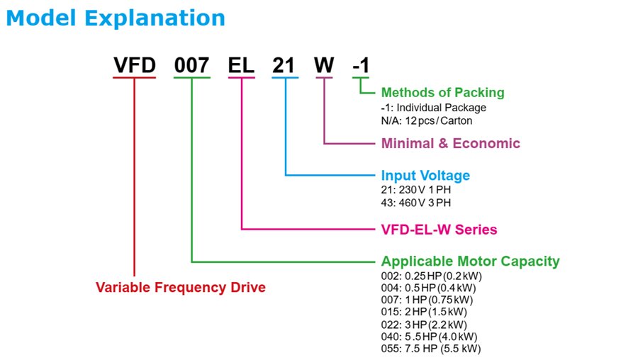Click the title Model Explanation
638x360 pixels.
(116, 18)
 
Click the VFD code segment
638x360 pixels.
(134, 65)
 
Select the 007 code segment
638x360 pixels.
(192, 65)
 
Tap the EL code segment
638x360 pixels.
(242, 65)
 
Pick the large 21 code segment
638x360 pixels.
(286, 65)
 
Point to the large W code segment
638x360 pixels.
(324, 65)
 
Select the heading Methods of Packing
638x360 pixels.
(442, 92)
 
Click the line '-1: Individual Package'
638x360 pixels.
(433, 107)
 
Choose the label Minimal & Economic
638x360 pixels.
(450, 143)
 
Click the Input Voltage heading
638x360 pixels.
(425, 175)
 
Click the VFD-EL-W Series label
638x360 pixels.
(439, 230)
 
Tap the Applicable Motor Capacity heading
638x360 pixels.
(470, 261)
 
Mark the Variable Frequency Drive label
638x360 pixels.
(181, 288)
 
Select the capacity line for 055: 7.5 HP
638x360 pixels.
(432, 348)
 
